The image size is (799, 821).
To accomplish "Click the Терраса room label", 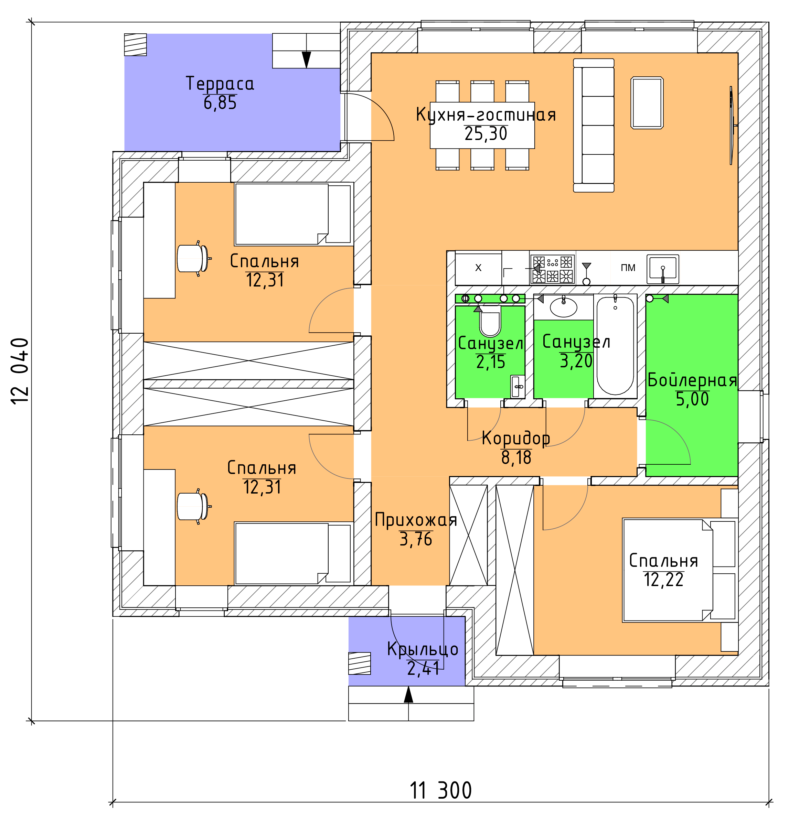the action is tap(220, 84).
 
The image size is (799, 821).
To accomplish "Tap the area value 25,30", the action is tap(486, 134).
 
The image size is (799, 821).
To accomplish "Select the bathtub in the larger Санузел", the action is tap(615, 346).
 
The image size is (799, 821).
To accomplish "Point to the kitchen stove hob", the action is tap(552, 269).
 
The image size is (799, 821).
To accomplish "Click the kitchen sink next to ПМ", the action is tap(663, 269).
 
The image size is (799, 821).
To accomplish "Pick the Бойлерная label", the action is tap(692, 380).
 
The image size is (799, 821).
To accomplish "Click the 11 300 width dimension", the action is tap(441, 790).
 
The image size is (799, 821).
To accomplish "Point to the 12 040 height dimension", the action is tap(20, 371).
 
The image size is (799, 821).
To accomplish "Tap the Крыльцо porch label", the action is tap(423, 649).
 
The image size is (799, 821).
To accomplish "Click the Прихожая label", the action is tap(416, 520).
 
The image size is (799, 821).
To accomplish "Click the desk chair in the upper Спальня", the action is tap(193, 258).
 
